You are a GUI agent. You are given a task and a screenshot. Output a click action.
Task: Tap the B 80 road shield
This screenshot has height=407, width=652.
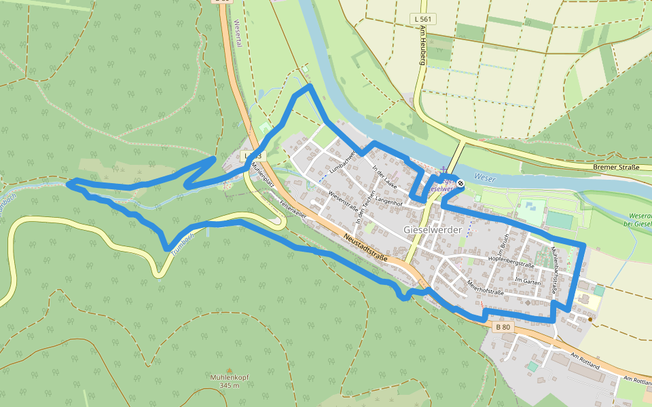[x=503, y=327]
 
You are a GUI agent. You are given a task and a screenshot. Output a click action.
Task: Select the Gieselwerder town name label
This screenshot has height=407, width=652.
[x=433, y=230]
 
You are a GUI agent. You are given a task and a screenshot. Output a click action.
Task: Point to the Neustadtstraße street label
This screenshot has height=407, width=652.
[x=365, y=248]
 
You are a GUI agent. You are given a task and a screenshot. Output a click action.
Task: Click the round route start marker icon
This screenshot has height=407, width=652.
[x=460, y=183]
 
